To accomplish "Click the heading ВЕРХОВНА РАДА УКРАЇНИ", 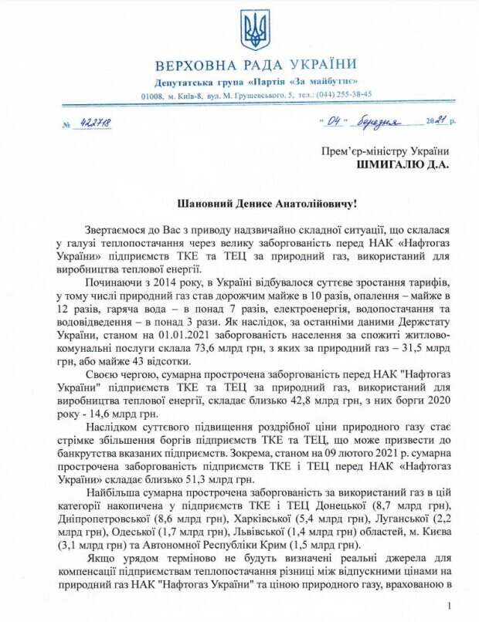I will pos(255,64).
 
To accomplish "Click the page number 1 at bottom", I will pos(448,606).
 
